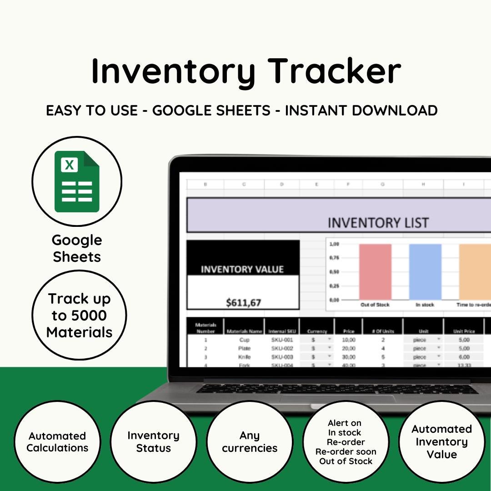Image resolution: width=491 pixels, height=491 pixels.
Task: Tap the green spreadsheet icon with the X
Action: click(x=76, y=181)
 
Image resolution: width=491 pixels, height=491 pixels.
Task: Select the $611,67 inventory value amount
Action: click(x=243, y=301)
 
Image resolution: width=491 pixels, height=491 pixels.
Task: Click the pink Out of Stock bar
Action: click(x=375, y=271)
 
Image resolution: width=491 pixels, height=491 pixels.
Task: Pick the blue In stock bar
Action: click(x=425, y=271)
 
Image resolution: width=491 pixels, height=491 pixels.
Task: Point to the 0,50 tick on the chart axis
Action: click(x=334, y=272)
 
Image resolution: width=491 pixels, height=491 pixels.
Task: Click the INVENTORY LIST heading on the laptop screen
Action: click(x=378, y=223)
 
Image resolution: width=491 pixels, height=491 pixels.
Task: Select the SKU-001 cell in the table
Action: click(x=282, y=340)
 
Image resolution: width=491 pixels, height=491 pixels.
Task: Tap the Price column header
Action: click(x=348, y=331)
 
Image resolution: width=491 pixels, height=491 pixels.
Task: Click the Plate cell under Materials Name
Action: click(x=244, y=348)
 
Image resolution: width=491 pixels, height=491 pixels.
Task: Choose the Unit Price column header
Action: click(x=464, y=331)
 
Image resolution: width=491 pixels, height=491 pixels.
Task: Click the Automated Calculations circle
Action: click(x=57, y=442)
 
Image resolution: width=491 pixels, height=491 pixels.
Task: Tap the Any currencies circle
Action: click(x=249, y=442)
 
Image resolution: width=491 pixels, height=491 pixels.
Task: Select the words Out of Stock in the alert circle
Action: click(x=346, y=461)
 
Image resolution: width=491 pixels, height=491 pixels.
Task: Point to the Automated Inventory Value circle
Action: click(x=441, y=442)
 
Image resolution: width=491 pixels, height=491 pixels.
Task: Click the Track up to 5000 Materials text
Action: click(x=79, y=315)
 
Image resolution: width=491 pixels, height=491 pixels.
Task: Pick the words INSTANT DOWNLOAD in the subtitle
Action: click(x=361, y=110)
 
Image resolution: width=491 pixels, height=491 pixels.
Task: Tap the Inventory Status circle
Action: click(x=153, y=442)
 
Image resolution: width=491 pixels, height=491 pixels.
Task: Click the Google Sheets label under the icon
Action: click(x=76, y=248)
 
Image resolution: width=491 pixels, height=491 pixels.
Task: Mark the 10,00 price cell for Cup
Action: click(x=348, y=340)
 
